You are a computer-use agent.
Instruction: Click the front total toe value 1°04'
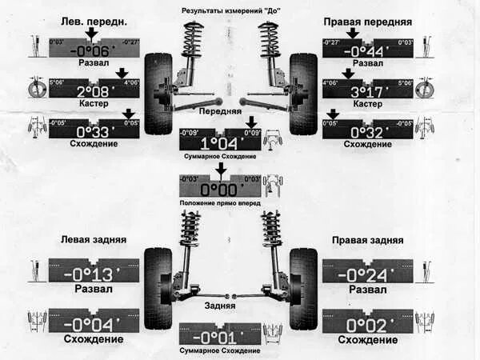tap(220, 143)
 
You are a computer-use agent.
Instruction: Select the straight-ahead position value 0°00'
tap(220, 190)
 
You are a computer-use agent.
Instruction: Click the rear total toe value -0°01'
tap(220, 337)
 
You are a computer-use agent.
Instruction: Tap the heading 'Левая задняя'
tap(93, 239)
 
